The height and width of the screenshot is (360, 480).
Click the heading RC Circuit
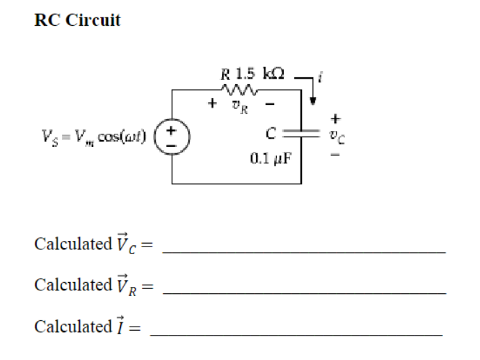[x=77, y=20]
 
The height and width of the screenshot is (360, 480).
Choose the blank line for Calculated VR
[x=304, y=291]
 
